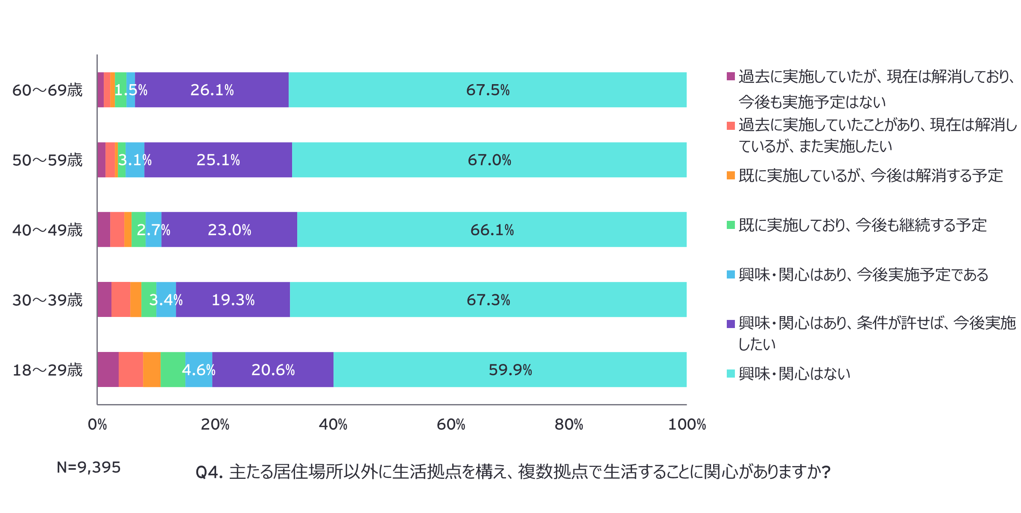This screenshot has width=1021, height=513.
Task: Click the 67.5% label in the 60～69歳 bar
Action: [488, 90]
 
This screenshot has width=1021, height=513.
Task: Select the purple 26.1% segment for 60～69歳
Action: [212, 90]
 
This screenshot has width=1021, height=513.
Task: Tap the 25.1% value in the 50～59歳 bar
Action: [218, 160]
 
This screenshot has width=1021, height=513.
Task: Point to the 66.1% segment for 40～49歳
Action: [492, 230]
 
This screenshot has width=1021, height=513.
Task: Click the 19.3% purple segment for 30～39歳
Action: [233, 300]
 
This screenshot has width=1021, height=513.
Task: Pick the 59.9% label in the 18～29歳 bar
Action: [510, 370]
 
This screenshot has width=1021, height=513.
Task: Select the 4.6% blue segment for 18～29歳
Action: [199, 370]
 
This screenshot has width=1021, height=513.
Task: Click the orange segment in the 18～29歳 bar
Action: [152, 370]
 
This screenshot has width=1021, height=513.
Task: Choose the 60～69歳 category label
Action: [47, 91]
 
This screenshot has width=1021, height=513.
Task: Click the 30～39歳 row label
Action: [47, 300]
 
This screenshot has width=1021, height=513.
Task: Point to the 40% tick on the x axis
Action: [333, 424]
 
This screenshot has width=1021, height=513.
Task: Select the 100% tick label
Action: [687, 424]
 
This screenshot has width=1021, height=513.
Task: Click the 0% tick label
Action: [97, 424]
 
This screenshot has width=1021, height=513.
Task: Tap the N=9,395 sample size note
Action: [89, 467]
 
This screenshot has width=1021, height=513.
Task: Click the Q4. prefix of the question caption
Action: [209, 472]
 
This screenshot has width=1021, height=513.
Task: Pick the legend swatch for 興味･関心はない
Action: [731, 374]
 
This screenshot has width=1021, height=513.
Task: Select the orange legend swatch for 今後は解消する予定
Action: [731, 176]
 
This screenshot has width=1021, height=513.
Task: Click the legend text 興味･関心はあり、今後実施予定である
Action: [863, 275]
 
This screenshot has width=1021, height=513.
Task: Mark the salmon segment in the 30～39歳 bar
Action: [121, 300]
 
